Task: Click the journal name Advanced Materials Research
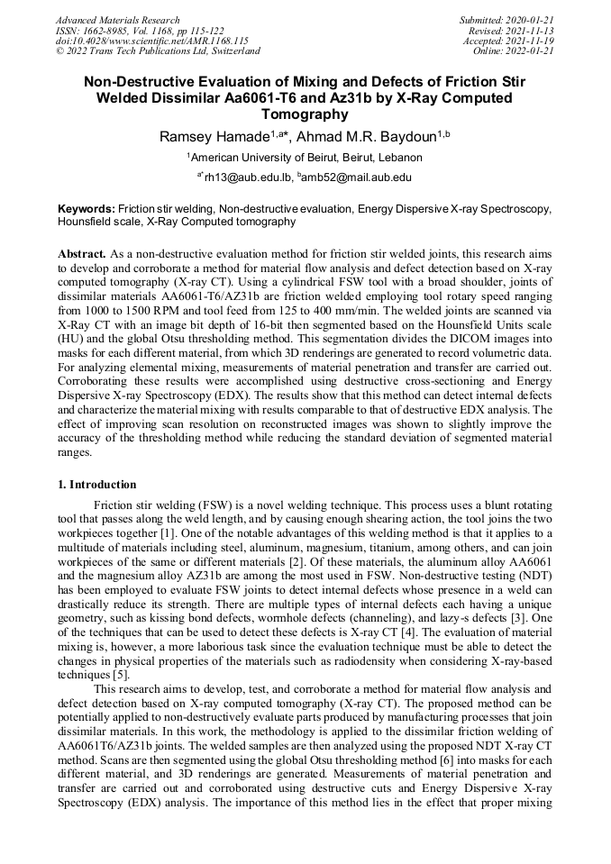tap(118, 20)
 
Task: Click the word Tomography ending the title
tap(305, 114)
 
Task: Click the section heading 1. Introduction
tap(97, 485)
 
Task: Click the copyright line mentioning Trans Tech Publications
tap(158, 51)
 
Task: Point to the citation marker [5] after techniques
tap(123, 675)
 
